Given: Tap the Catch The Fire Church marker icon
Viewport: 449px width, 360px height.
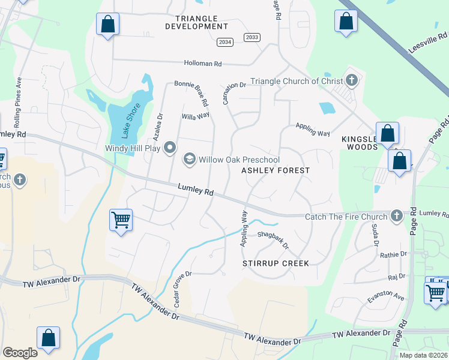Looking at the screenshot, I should (396, 215).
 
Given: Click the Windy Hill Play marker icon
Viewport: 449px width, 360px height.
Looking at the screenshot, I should (170, 148).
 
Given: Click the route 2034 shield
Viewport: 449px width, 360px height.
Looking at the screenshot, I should (225, 42).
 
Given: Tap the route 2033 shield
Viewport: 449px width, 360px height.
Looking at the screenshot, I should (252, 37).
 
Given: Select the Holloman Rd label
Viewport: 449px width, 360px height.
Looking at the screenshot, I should (203, 63).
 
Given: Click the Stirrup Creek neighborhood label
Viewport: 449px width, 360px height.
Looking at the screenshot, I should (276, 263).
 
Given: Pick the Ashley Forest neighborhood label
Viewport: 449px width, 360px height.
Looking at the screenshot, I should (276, 170).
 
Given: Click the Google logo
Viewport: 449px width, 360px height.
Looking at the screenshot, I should (20, 353).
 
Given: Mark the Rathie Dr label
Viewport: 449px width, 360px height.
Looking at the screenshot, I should (393, 255).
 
